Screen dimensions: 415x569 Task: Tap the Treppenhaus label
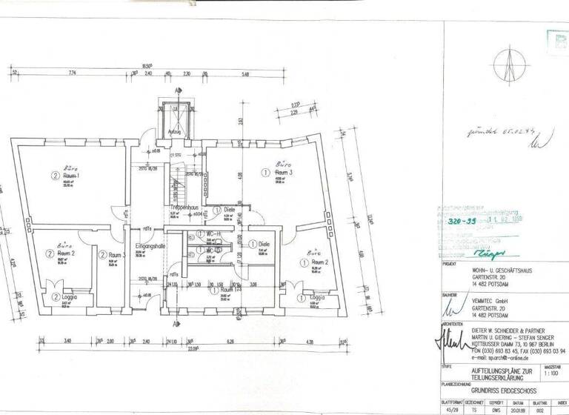[x=181, y=207]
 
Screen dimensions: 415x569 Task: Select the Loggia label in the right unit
[x=316, y=296]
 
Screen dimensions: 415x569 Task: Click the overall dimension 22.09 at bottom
[x=194, y=348]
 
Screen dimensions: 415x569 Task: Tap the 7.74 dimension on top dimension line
[x=73, y=73]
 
